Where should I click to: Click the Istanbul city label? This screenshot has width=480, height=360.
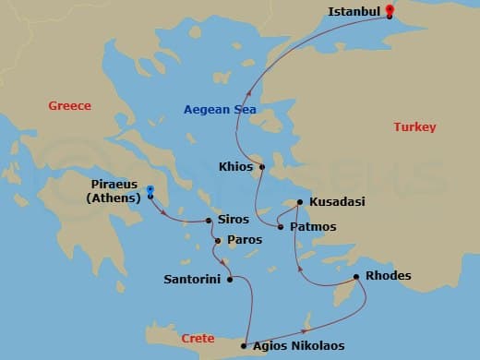click(x=355, y=12)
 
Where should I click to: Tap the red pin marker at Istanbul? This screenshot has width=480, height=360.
click(x=390, y=11)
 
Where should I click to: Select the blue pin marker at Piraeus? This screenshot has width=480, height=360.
click(x=150, y=192)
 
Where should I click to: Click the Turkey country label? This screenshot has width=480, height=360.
click(x=414, y=126)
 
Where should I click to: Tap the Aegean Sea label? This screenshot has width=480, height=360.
click(x=219, y=110)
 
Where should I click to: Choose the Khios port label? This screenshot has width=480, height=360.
click(x=236, y=167)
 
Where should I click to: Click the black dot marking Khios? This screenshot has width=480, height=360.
click(x=261, y=167)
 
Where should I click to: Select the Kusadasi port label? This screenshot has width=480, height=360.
click(x=338, y=201)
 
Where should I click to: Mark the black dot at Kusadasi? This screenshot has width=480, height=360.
click(x=299, y=201)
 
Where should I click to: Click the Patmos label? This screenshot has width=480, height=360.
click(x=313, y=226)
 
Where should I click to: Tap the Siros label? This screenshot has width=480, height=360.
click(x=232, y=220)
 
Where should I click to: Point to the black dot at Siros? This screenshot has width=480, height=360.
click(x=209, y=220)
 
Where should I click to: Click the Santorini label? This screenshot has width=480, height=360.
click(x=191, y=278)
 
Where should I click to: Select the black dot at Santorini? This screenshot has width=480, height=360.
click(x=227, y=278)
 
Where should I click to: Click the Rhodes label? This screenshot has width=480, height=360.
click(x=389, y=276)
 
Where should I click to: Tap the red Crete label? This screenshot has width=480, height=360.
click(x=198, y=339)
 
